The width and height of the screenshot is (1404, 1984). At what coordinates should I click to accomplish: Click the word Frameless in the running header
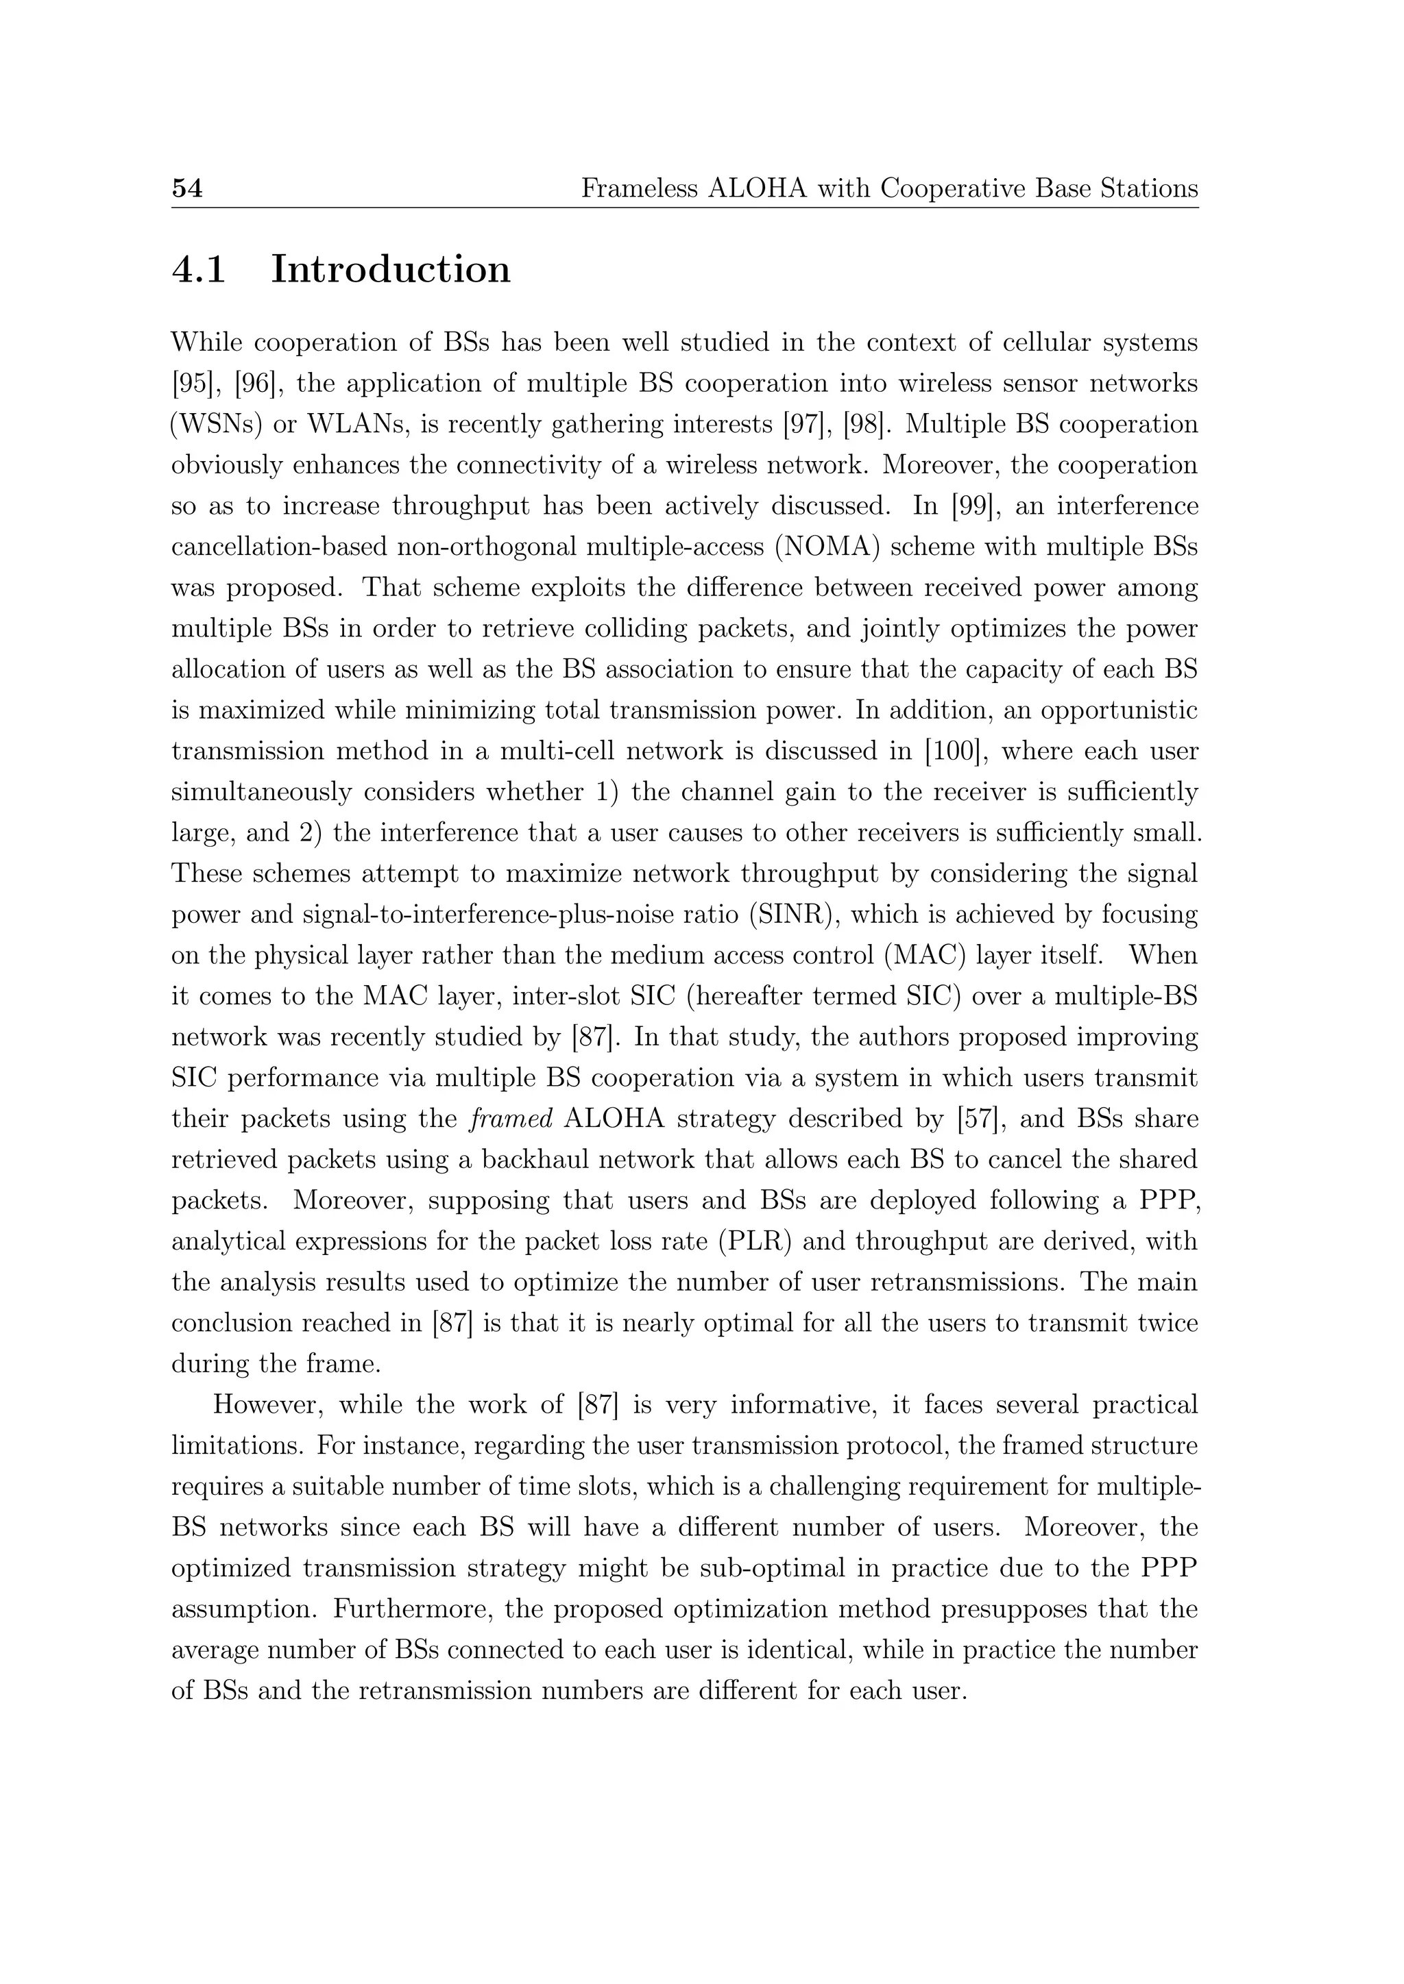pyautogui.click(x=639, y=188)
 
